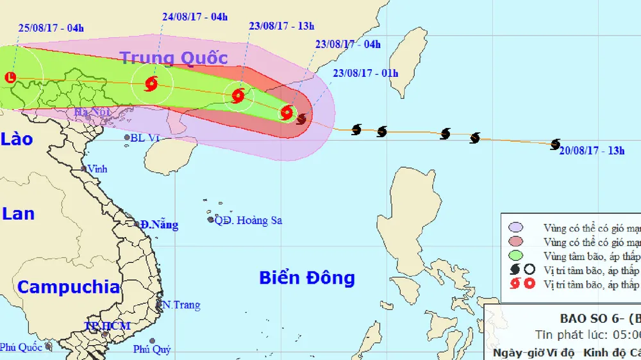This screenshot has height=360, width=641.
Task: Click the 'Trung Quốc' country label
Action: (x=174, y=58)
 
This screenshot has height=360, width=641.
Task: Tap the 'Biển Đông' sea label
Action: (x=306, y=278)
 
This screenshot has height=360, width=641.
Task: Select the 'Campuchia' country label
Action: (x=68, y=287)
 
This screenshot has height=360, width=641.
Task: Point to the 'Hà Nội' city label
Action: (x=90, y=113)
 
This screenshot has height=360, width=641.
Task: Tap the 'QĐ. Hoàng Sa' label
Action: (x=248, y=220)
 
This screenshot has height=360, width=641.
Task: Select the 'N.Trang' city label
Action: (x=181, y=305)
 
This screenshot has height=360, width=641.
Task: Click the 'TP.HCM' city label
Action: (x=108, y=326)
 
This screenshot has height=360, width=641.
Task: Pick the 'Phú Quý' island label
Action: (x=152, y=349)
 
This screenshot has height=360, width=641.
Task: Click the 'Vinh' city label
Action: (x=97, y=169)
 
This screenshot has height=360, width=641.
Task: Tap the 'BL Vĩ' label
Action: (x=144, y=137)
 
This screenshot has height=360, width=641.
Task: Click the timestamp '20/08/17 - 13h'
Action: (x=592, y=151)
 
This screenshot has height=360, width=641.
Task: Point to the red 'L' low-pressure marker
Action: (x=10, y=78)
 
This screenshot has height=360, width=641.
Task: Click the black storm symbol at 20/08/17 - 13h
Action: (x=555, y=144)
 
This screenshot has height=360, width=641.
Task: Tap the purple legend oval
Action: (x=515, y=227)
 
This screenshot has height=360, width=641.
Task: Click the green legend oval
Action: (x=515, y=256)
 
